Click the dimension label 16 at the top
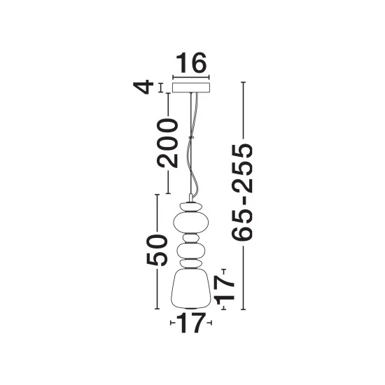[191, 63]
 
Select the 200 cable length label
[168, 143]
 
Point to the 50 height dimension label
[157, 250]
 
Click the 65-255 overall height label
[243, 192]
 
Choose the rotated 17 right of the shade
[225, 288]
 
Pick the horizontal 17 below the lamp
[191, 323]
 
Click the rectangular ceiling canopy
[191, 88]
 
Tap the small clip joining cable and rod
[191, 137]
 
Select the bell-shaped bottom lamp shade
[191, 288]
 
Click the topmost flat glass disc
[191, 206]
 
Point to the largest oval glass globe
[191, 223]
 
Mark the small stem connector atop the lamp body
[191, 198]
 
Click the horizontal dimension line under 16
[191, 77]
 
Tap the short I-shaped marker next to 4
[161, 88]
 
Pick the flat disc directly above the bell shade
[191, 264]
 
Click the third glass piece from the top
[191, 238]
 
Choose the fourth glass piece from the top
[191, 251]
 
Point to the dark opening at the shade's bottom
[191, 308]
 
